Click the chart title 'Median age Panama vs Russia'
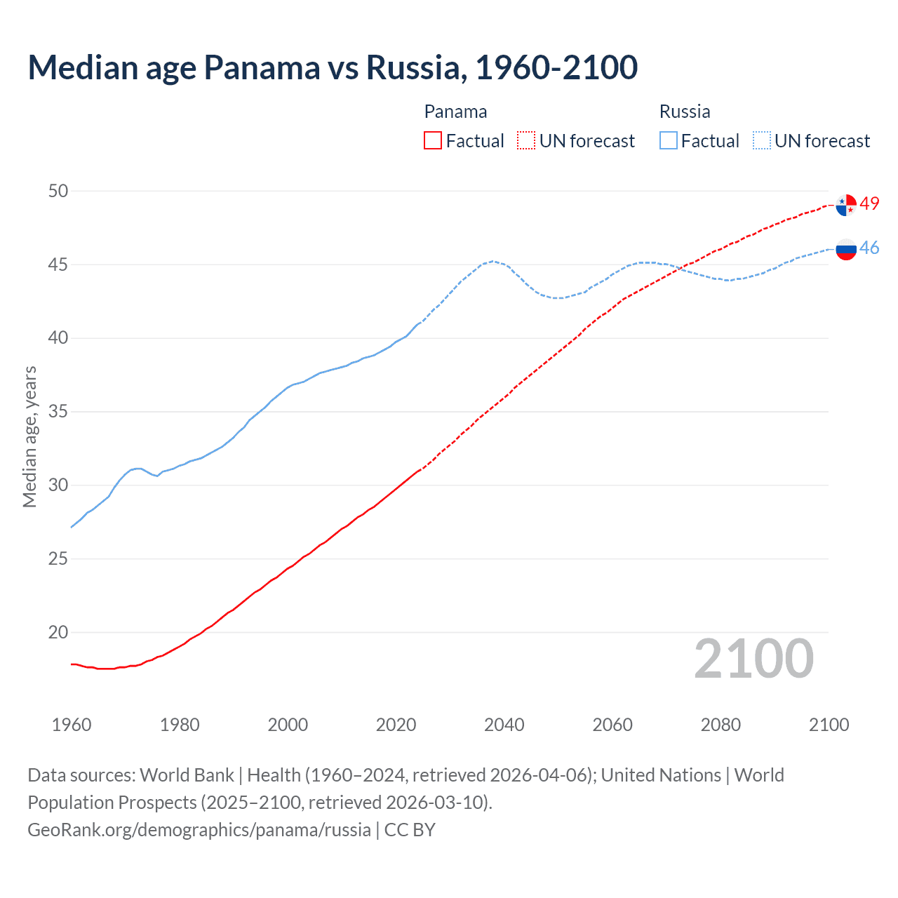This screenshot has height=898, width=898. (x=333, y=68)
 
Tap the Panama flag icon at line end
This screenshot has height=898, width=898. (x=846, y=205)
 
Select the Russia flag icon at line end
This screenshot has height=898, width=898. (x=846, y=249)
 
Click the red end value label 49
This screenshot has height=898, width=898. (x=869, y=204)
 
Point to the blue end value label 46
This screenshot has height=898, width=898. (x=869, y=248)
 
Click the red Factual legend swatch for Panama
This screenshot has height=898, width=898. (x=433, y=141)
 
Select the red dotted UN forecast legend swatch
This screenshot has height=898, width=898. (x=526, y=141)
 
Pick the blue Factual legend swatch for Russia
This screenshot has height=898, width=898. (x=669, y=141)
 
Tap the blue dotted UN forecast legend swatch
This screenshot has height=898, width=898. (x=762, y=141)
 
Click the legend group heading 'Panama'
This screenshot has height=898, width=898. (x=455, y=112)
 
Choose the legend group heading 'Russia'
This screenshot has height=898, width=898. (x=685, y=112)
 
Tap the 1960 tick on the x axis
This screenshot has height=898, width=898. (x=72, y=725)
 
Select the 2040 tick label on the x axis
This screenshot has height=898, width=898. (x=504, y=725)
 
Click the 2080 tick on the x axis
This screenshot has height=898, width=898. (x=721, y=725)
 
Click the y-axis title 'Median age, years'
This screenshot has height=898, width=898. (x=29, y=436)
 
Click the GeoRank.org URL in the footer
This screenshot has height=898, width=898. (x=199, y=830)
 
